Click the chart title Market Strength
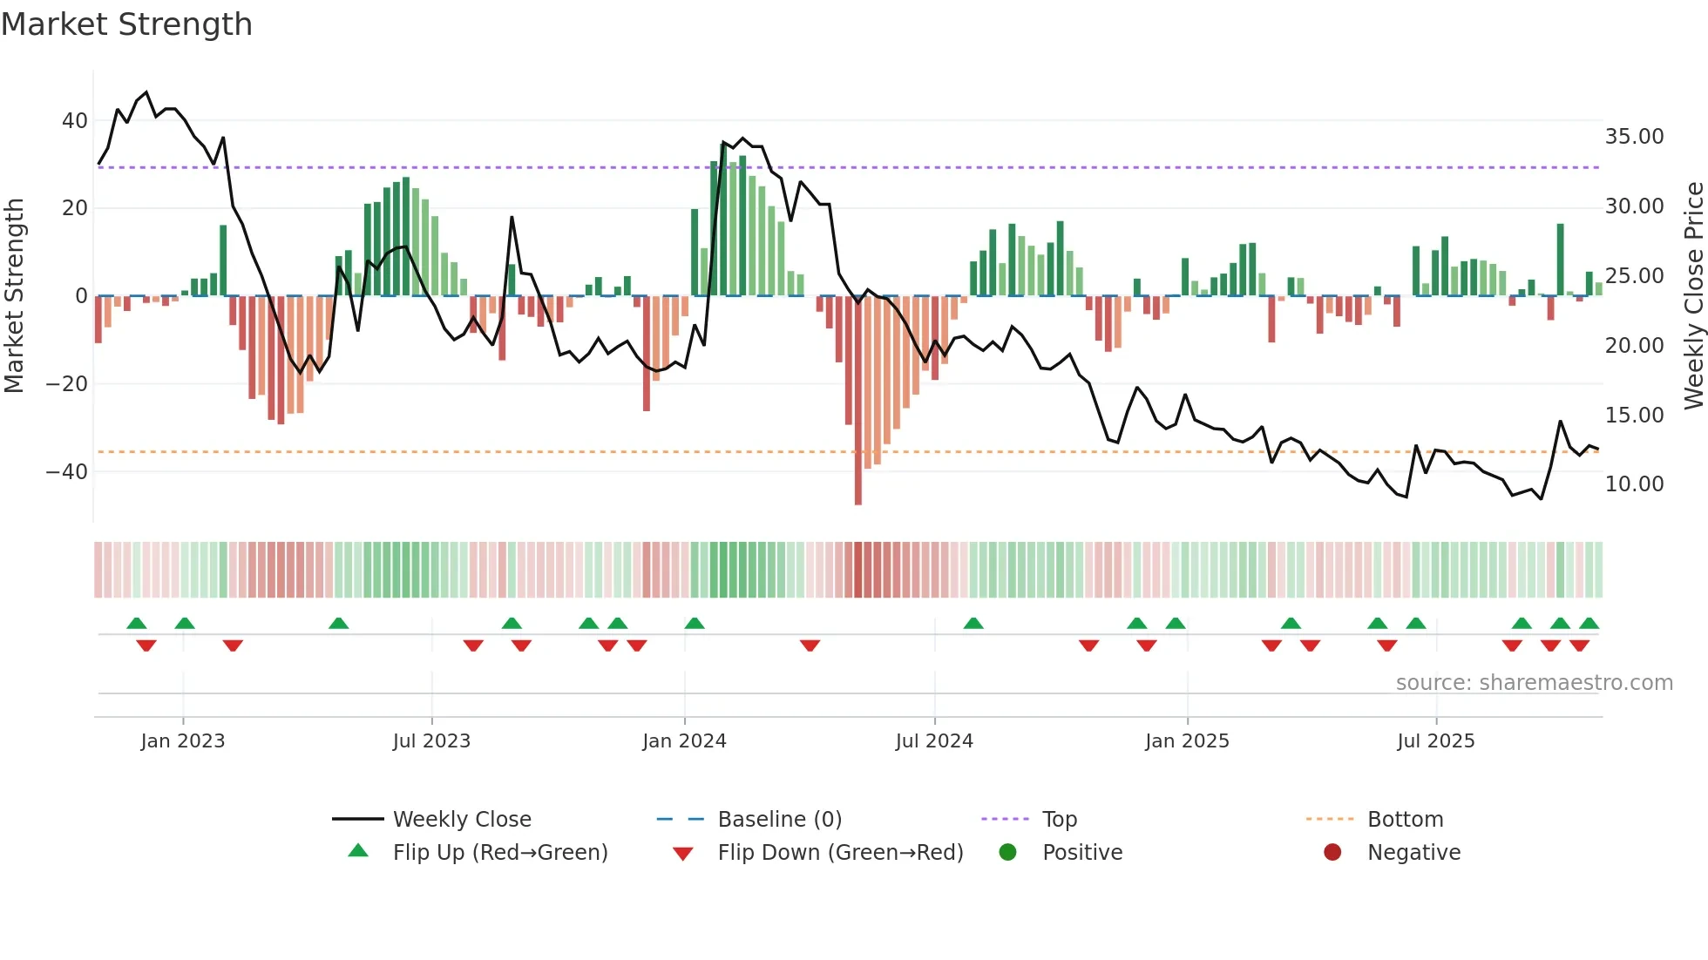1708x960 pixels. (x=126, y=24)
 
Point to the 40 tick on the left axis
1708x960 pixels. (x=75, y=121)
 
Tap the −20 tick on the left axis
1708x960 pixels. (x=67, y=384)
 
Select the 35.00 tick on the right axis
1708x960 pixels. (x=1634, y=137)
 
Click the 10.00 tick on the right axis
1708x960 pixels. (x=1634, y=484)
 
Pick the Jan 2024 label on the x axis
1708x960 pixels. (x=684, y=741)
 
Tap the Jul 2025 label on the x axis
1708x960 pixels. (x=1435, y=741)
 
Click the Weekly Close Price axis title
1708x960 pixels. (x=1693, y=295)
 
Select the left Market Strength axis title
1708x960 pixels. (x=15, y=295)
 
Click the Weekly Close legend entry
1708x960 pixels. (x=462, y=820)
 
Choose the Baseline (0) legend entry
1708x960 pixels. (x=779, y=820)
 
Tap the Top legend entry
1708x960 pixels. (x=1060, y=820)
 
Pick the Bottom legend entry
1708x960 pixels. (x=1405, y=820)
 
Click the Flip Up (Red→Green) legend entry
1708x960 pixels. (x=499, y=853)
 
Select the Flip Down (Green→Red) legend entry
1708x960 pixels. (x=840, y=853)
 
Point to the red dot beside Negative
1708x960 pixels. (x=1332, y=852)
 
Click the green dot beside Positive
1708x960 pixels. (x=1008, y=852)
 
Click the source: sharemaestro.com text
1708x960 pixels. (x=1534, y=683)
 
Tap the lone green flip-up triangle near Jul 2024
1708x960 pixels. (x=973, y=624)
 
